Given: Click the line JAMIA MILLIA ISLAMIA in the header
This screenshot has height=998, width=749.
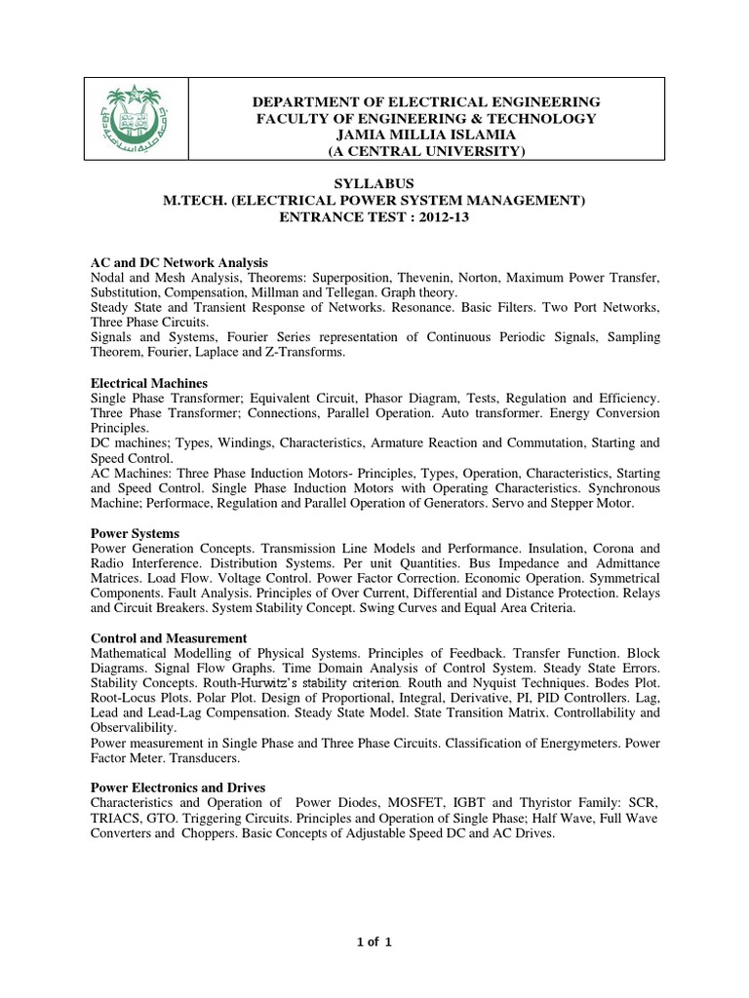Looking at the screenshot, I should click(x=426, y=134).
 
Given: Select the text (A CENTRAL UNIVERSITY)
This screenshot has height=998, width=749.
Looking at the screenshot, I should click(x=426, y=151).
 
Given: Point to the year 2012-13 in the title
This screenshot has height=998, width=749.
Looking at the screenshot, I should click(x=439, y=217).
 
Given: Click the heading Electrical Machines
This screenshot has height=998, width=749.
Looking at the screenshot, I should click(x=148, y=384).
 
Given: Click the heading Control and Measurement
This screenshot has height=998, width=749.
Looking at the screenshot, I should click(x=169, y=638).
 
